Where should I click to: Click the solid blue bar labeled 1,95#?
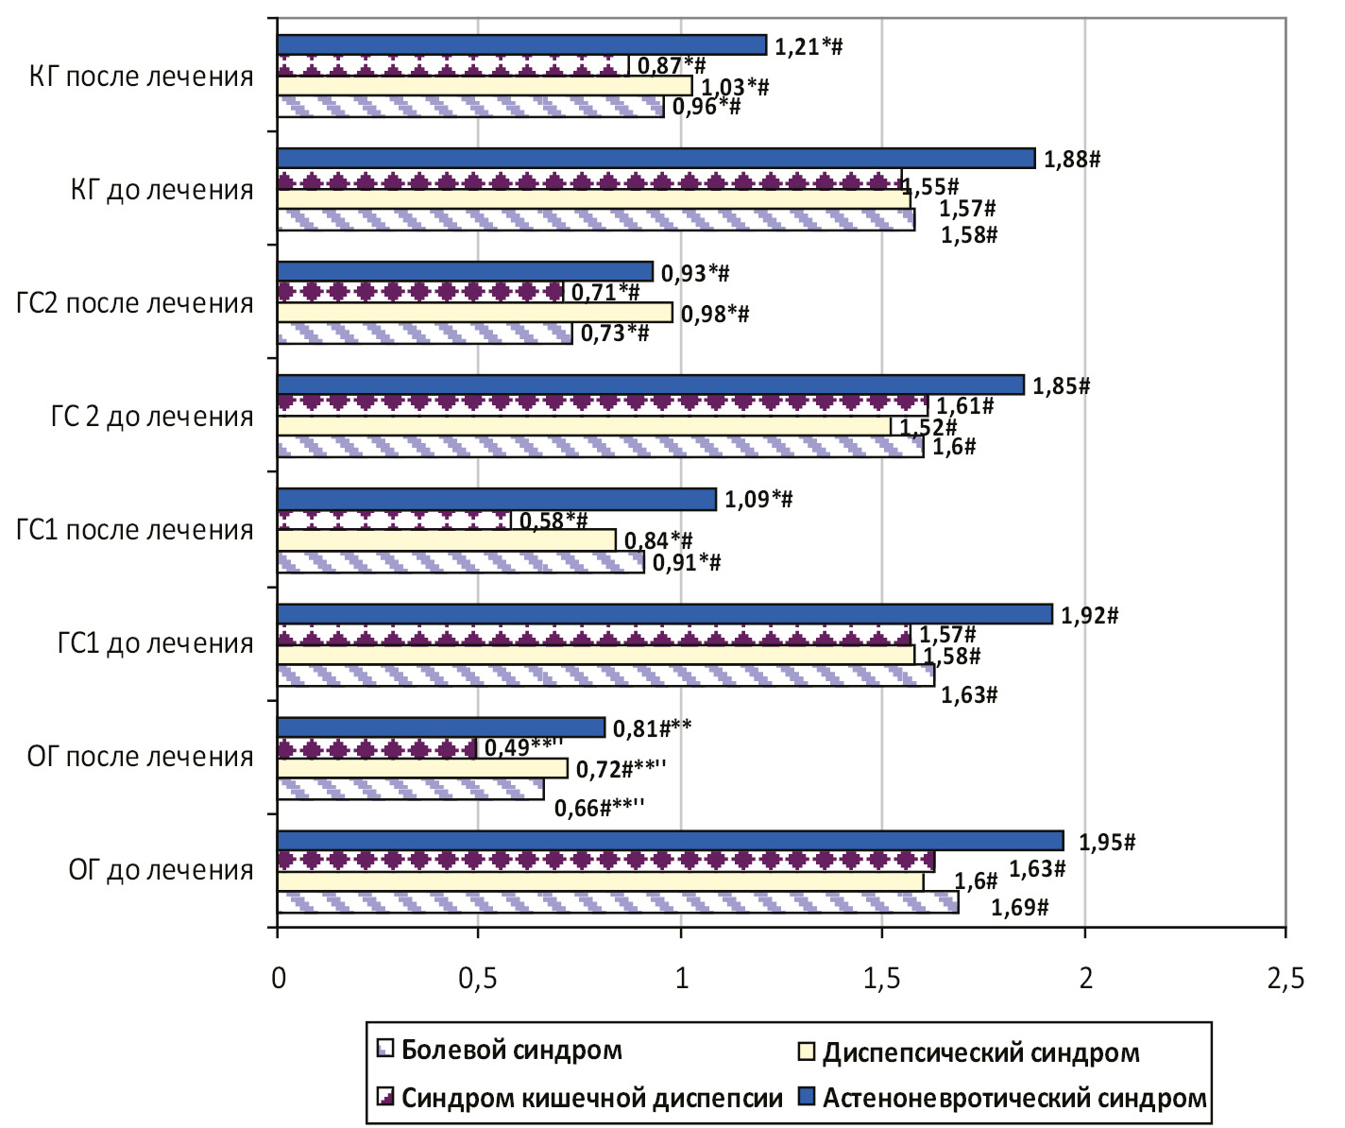tap(671, 841)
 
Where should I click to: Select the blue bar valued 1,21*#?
tap(521, 44)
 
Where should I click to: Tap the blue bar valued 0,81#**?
tap(441, 727)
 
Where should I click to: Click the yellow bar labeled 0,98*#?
tap(475, 313)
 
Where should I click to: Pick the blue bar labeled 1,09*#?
tap(497, 499)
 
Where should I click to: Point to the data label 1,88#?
tap(1072, 159)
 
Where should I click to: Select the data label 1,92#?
tap(1090, 616)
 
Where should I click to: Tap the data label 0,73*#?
tap(615, 333)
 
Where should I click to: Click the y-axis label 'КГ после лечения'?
tap(142, 77)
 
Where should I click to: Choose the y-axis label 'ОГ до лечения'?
tap(162, 870)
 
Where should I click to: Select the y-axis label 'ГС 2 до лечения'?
tap(152, 417)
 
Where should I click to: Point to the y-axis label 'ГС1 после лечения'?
tap(135, 530)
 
